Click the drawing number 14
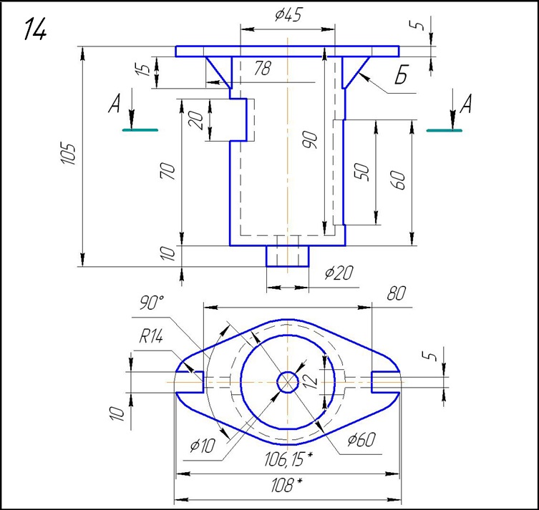(36, 29)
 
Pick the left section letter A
(114, 106)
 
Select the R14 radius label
(151, 337)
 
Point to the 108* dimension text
(286, 486)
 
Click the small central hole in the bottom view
(288, 381)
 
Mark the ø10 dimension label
(203, 446)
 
